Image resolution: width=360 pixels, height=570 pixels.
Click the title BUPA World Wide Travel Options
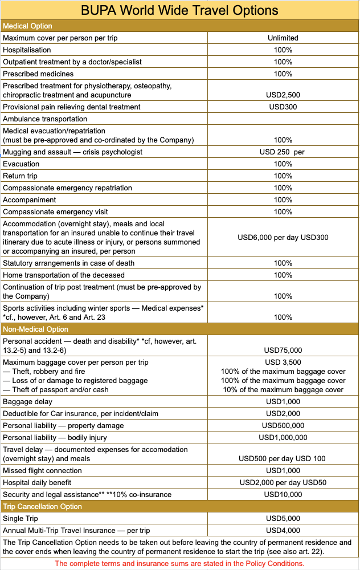coord(179,10)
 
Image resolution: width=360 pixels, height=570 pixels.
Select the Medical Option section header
coord(27,26)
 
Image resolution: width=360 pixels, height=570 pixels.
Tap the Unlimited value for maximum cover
coord(283,38)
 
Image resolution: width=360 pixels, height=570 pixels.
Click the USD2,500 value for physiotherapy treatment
coord(283,95)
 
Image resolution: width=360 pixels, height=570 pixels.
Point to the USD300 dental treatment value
coord(283,107)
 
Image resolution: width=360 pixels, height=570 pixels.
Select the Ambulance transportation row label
coord(45,119)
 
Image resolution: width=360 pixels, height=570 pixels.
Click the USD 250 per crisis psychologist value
coord(283,152)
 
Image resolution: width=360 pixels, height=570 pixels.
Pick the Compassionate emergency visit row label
coord(55,212)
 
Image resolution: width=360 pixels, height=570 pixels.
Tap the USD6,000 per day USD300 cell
coord(283,237)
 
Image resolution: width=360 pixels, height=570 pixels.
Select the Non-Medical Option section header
coord(35,329)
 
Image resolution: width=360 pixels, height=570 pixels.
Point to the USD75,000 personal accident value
coord(283,351)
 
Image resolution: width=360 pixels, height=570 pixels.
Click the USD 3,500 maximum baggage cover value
coord(283,363)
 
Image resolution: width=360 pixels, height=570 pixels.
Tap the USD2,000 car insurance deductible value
coord(283,414)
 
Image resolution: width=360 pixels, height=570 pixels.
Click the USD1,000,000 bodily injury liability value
coord(283,438)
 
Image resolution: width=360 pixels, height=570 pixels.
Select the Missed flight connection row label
coord(42,471)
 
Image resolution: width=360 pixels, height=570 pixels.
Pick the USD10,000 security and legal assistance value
coord(283,495)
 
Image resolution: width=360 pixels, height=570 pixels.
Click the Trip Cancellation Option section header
coord(42,507)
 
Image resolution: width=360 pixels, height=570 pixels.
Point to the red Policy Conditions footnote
coord(179,563)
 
